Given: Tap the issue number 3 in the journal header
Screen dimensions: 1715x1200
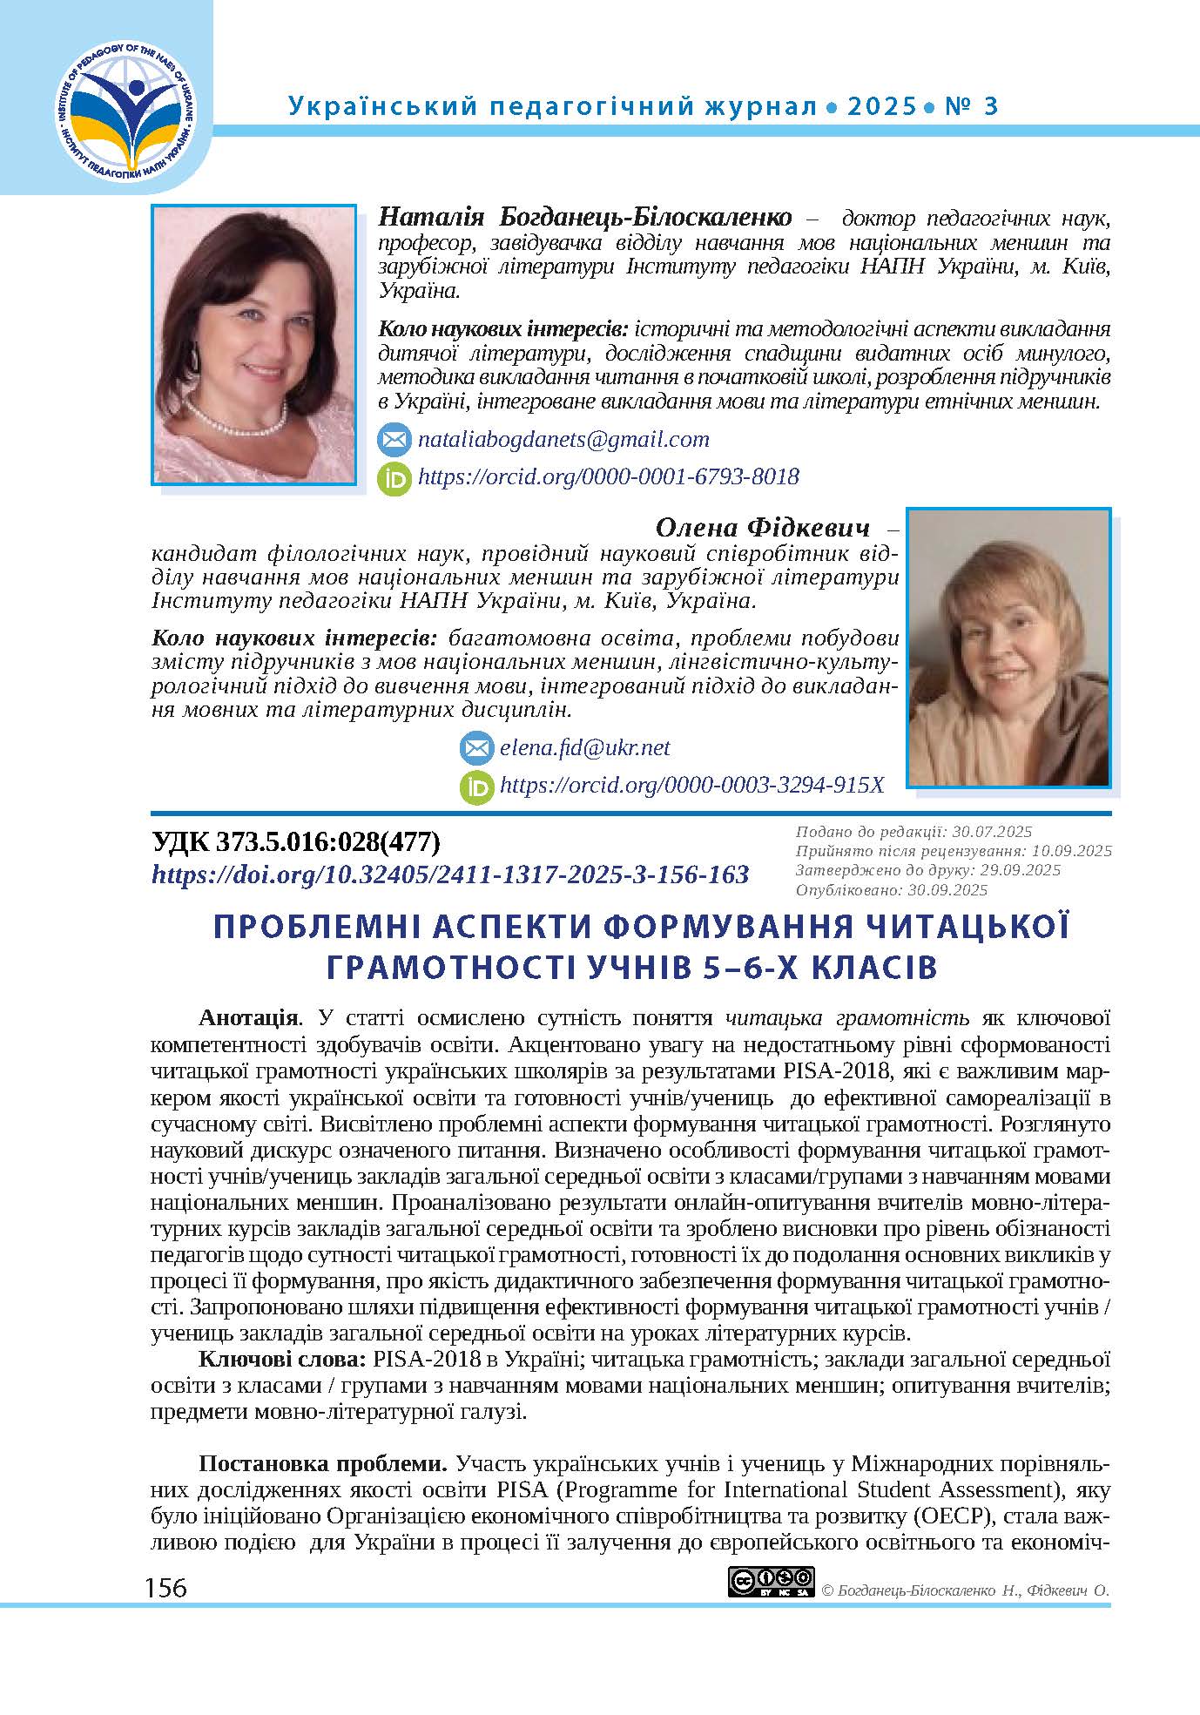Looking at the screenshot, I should (x=989, y=107).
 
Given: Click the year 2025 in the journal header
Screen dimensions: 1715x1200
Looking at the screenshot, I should (x=881, y=107).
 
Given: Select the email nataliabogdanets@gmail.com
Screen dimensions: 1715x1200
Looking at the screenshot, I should (x=563, y=439).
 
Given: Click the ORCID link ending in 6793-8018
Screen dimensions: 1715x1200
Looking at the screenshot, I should (x=608, y=476).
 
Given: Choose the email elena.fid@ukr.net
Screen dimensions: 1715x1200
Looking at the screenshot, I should (x=584, y=748).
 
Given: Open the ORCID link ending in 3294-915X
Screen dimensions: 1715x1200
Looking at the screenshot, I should (x=691, y=786).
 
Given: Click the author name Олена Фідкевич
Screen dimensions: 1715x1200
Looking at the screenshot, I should (x=762, y=528).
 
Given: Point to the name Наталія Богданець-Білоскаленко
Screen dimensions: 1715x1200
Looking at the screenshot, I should (x=585, y=217).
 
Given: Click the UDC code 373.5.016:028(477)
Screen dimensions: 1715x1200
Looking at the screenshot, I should (x=296, y=842).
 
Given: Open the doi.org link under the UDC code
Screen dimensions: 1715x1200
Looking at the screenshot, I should (x=450, y=874).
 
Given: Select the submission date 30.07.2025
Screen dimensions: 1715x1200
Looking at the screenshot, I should (x=981, y=832).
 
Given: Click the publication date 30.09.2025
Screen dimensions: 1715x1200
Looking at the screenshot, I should (x=947, y=890).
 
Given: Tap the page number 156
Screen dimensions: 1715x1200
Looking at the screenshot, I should (x=166, y=1588).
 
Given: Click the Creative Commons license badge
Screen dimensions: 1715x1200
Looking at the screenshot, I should (x=771, y=1581).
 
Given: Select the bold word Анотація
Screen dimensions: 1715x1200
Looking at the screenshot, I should (x=250, y=1018).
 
